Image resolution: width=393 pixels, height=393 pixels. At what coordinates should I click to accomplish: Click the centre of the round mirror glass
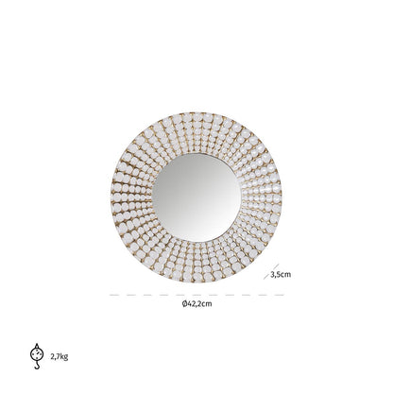click(196, 197)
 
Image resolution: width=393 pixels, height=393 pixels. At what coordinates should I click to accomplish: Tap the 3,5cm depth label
click(281, 275)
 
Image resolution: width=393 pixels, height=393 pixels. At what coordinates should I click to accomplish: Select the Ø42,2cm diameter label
click(196, 304)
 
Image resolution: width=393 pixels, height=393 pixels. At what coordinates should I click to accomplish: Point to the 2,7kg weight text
click(60, 357)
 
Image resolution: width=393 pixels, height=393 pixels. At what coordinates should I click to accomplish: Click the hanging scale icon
click(37, 356)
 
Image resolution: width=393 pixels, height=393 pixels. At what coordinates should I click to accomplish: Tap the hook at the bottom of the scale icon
click(37, 366)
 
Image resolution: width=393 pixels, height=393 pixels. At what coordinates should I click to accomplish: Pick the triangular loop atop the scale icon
click(37, 346)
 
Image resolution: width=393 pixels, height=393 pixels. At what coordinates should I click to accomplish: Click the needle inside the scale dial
click(36, 354)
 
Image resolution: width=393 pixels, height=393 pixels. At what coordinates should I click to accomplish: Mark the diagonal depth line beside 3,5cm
click(271, 271)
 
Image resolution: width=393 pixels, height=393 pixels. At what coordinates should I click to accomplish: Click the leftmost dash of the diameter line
click(114, 295)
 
